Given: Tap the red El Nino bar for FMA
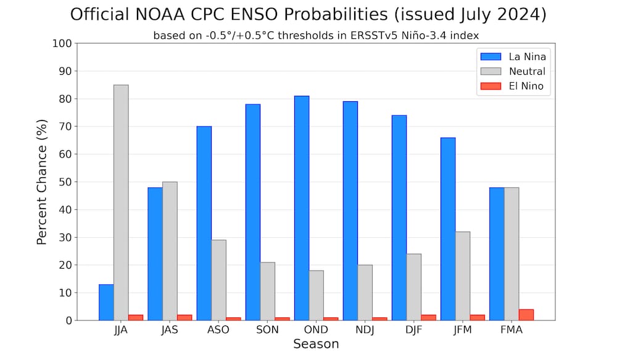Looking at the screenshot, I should click(x=526, y=315).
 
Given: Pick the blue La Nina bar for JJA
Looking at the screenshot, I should click(x=106, y=302).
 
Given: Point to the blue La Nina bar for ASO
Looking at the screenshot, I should click(x=204, y=223).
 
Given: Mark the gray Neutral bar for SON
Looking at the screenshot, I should click(x=267, y=291).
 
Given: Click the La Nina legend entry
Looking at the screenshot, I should click(x=513, y=56).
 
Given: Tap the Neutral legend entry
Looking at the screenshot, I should click(x=513, y=71).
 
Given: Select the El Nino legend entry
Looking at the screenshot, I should click(x=512, y=86).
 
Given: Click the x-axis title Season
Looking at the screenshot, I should click(x=316, y=345).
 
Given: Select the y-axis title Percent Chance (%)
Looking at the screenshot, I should click(x=42, y=182).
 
